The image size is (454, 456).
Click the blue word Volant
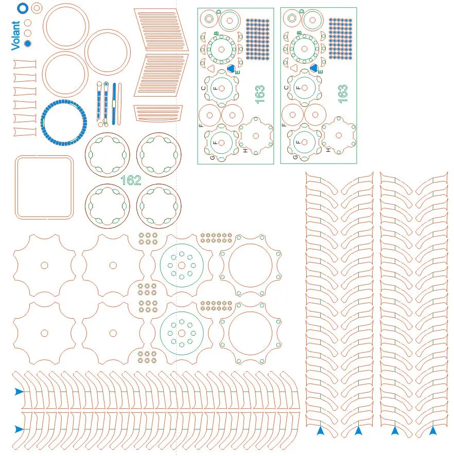click(15, 35)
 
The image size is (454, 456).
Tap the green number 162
click(131, 180)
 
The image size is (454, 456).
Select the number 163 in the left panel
click(259, 93)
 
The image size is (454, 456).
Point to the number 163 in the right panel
click(343, 93)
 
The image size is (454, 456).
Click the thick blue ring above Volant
click(22, 8)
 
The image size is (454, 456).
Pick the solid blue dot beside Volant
click(28, 43)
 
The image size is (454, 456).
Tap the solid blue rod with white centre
click(113, 103)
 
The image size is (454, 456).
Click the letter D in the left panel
click(218, 11)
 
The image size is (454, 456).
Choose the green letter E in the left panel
click(237, 72)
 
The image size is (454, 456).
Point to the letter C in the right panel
click(286, 88)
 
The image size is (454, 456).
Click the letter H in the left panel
click(246, 150)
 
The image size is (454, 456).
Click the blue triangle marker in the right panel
click(314, 68)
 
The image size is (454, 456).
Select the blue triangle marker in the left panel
click(231, 68)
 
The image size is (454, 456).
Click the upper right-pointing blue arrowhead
click(19, 392)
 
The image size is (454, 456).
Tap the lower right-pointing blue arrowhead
click(19, 429)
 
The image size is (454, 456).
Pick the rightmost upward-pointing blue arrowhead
click(433, 430)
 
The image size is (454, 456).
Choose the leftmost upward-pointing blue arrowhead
click(320, 430)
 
